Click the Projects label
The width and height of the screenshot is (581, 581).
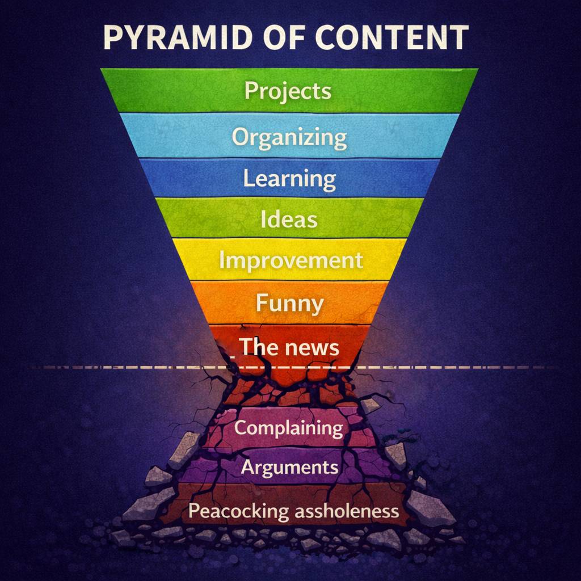(288, 91)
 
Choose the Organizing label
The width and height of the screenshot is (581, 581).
(289, 137)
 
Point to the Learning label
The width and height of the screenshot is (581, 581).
(289, 179)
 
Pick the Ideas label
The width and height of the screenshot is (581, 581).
(289, 219)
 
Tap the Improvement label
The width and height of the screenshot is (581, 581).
(290, 260)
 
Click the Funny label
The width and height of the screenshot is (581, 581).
(289, 302)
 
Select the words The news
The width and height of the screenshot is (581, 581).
(289, 346)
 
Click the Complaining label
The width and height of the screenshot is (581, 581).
(289, 428)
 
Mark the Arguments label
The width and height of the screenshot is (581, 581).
(289, 468)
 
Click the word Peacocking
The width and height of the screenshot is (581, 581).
(238, 511)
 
